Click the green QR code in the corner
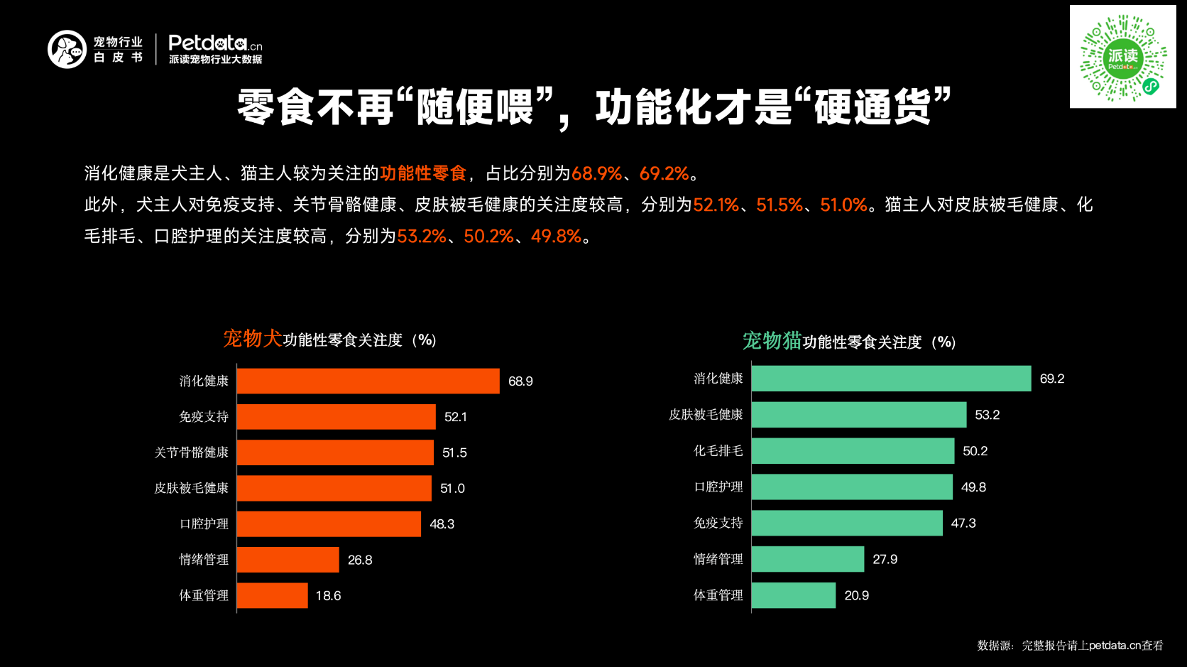(1122, 57)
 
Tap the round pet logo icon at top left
(67, 49)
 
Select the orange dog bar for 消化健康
(368, 381)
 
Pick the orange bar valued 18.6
(273, 595)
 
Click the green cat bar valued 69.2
(891, 379)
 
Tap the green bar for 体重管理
(794, 595)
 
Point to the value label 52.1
(456, 417)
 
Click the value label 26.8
(360, 560)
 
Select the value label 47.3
(963, 524)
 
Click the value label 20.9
(856, 595)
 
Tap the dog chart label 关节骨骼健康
(192, 452)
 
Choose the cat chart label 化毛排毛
(718, 451)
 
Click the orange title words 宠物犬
(253, 339)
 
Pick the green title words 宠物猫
(772, 341)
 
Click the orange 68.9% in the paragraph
(596, 173)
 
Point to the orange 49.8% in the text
(556, 236)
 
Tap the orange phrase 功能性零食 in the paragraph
(423, 173)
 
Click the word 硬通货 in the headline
(873, 107)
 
